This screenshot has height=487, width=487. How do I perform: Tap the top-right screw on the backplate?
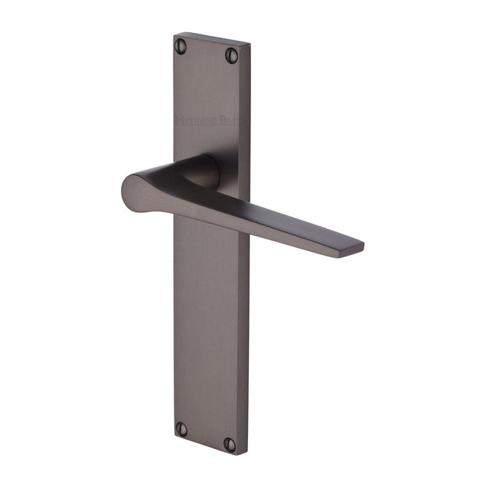(x=231, y=55)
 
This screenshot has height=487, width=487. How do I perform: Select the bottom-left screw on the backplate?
(x=181, y=428)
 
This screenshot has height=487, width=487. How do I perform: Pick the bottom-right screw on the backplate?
(x=231, y=443)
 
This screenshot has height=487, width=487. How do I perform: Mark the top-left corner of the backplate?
(x=174, y=33)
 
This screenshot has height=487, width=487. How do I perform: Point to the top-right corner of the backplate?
(x=250, y=46)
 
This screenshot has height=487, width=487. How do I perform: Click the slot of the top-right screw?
(x=231, y=55)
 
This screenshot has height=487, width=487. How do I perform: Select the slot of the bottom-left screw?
(x=181, y=428)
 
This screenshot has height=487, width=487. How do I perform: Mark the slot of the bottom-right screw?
(x=231, y=443)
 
